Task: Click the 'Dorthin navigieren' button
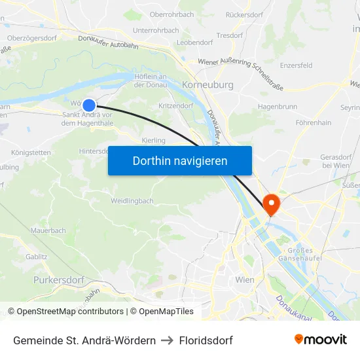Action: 180,160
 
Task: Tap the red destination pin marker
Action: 270,204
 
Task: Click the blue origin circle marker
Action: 89,105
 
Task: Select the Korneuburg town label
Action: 207,85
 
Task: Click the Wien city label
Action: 244,279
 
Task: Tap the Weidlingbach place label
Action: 133,200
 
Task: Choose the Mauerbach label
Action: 48,230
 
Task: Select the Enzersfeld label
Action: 296,65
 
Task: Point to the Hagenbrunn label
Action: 278,106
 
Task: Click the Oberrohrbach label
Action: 171,14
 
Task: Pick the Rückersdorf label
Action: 245,14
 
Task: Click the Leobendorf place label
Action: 194,42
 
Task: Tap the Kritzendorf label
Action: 175,105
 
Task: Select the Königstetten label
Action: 31,153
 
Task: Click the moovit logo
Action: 321,340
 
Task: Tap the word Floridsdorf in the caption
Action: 206,340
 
